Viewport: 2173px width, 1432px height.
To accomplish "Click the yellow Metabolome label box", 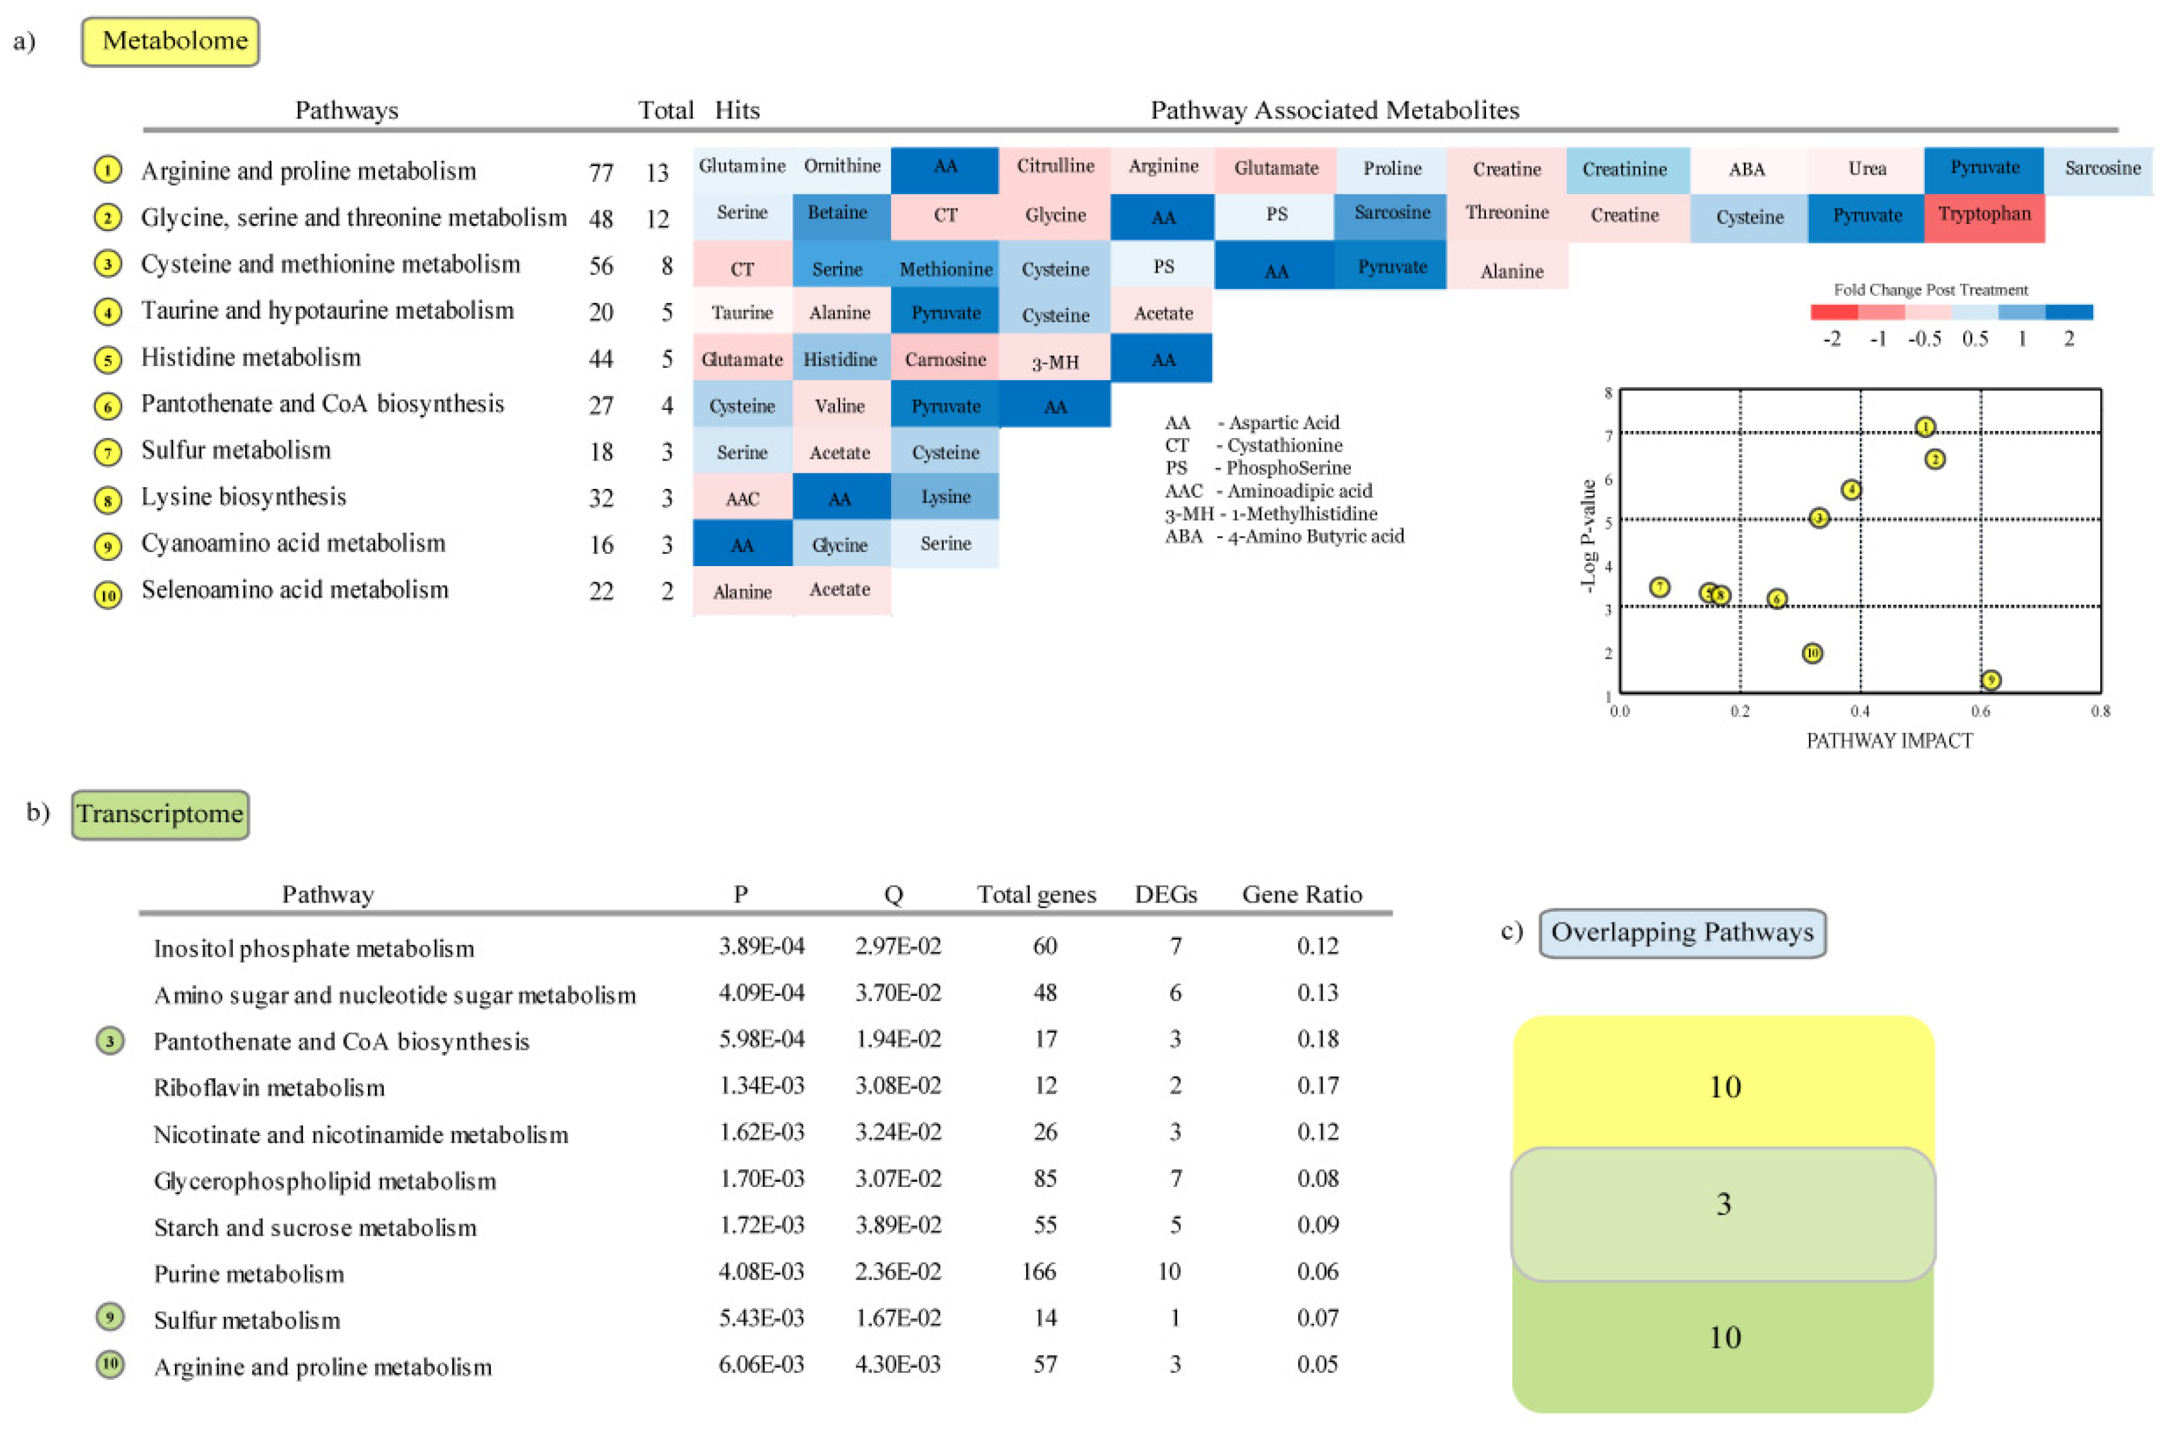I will pos(170,41).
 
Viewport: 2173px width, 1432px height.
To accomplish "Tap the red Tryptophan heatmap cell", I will pos(1983,216).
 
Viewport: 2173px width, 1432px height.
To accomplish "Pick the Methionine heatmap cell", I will pos(945,268).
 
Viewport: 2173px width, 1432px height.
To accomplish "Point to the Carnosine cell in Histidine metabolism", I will pos(945,359).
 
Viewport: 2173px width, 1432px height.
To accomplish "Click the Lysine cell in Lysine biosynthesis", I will pos(945,497).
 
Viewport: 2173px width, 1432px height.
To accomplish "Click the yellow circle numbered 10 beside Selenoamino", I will pos(107,596).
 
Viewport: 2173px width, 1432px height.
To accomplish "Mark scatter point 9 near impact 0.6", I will pos(1990,679).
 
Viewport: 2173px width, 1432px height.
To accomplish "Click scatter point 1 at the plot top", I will pos(1925,427).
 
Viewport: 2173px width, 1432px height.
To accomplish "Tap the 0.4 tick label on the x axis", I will pos(1860,710).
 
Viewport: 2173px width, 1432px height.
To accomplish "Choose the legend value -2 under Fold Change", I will pos(1831,339).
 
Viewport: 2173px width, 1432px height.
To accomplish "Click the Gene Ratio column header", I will pos(1301,894).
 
